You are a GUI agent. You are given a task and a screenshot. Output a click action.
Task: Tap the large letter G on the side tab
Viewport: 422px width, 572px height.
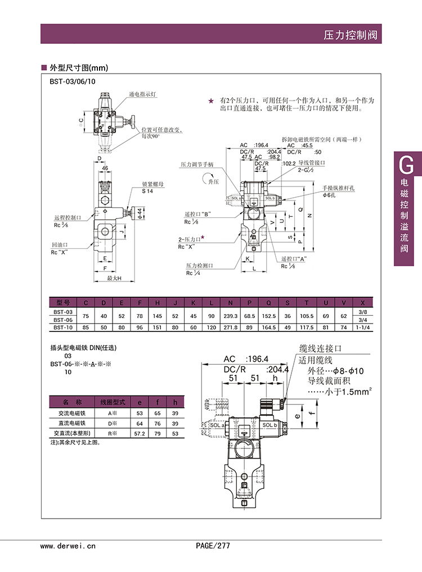click(x=406, y=165)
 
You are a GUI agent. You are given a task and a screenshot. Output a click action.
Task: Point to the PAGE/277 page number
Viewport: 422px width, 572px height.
click(x=213, y=546)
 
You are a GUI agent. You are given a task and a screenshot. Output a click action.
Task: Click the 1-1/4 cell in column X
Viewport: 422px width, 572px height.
click(x=362, y=326)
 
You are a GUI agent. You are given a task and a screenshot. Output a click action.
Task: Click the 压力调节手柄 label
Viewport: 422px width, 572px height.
click(x=197, y=165)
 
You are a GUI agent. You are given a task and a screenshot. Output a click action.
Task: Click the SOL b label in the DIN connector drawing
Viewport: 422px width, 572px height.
click(x=269, y=425)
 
